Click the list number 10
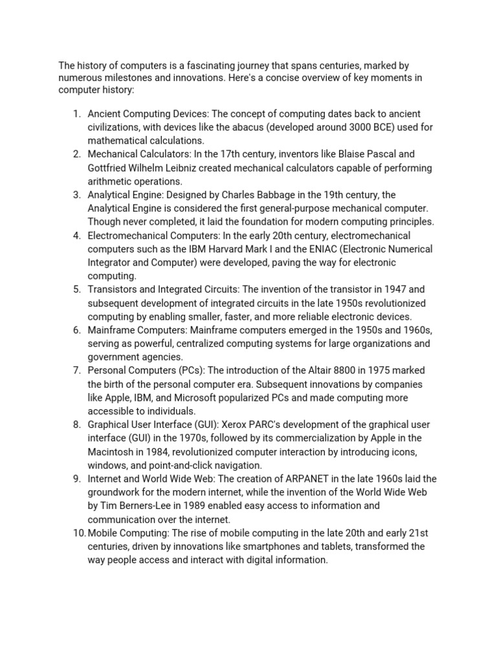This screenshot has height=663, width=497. coord(79,534)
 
